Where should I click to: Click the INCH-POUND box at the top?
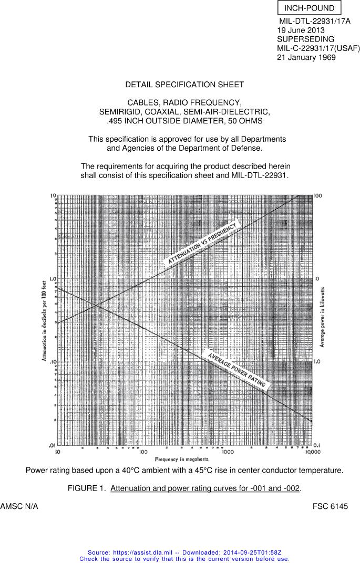point(309,8)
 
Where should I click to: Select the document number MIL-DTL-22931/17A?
point(314,22)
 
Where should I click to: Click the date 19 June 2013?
point(301,30)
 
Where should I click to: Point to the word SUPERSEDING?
point(305,39)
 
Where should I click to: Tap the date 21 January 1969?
point(306,57)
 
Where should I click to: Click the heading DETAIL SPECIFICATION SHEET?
point(184,85)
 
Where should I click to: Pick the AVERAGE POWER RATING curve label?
point(236,370)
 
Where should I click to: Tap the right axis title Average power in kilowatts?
point(322,316)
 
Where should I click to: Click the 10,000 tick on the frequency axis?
point(312,452)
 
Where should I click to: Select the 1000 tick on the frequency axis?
point(228,452)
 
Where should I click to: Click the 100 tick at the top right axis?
point(318,196)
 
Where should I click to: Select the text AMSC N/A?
point(19,507)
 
